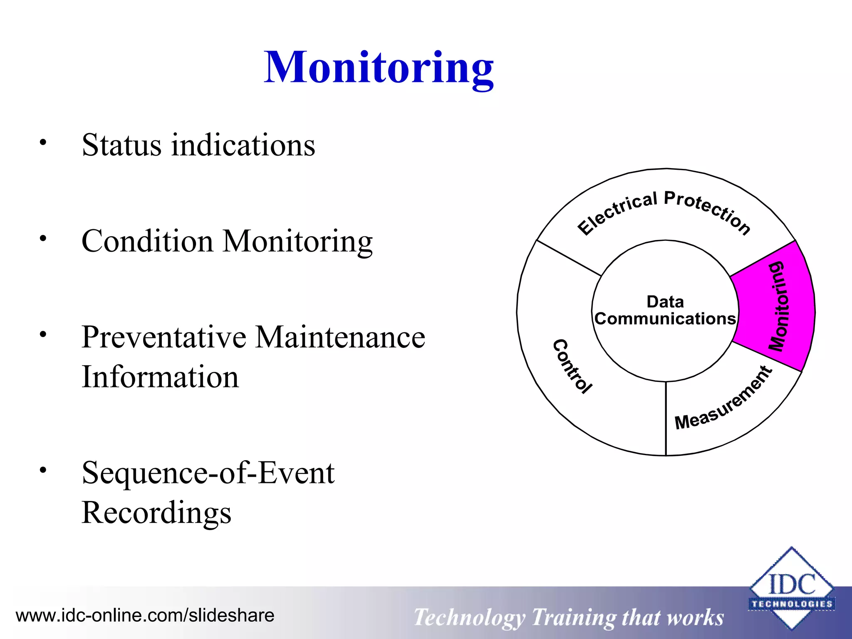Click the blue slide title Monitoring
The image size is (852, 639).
(379, 67)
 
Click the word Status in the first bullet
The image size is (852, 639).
(121, 145)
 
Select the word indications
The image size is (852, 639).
(243, 145)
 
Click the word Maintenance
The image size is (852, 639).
(340, 337)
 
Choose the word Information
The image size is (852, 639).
(160, 377)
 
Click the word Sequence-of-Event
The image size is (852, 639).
(208, 473)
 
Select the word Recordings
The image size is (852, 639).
(156, 513)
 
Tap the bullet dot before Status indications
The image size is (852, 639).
(43, 143)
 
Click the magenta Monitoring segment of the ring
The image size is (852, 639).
(774, 306)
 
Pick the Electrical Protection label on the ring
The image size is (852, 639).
(664, 212)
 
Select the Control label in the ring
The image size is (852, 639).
(572, 366)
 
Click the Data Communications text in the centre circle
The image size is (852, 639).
(665, 310)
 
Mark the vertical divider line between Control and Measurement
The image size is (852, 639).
(666, 418)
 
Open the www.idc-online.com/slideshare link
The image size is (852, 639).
(145, 615)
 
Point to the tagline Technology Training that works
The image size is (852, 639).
(568, 617)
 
